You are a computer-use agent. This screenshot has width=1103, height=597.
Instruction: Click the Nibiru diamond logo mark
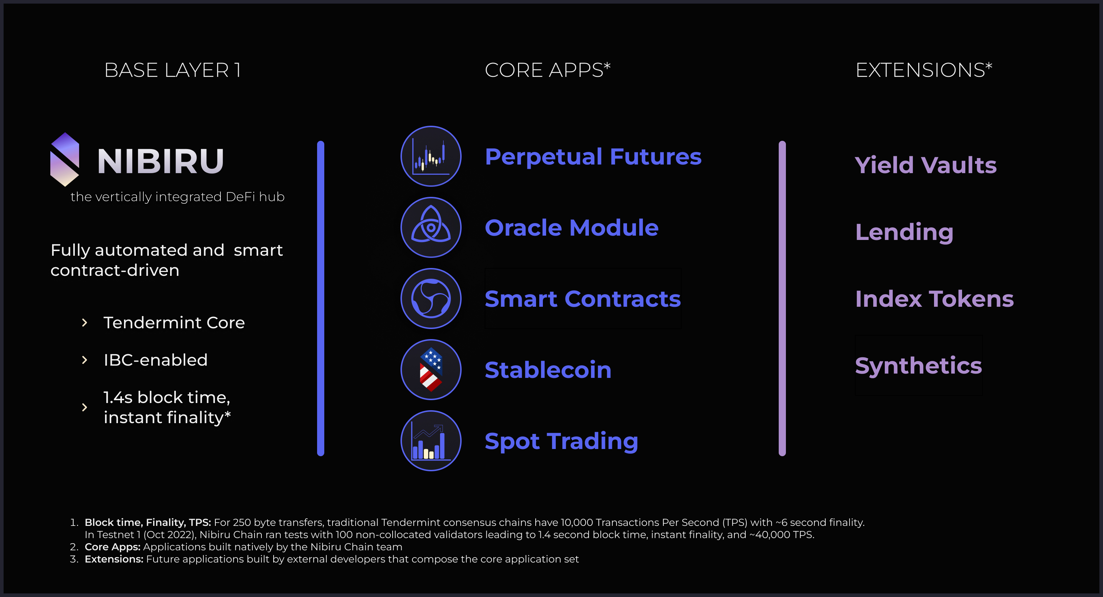pyautogui.click(x=65, y=159)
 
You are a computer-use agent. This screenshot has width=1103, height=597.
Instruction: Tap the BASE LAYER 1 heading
pyautogui.click(x=173, y=70)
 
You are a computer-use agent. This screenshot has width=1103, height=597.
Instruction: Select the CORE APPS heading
pyautogui.click(x=547, y=70)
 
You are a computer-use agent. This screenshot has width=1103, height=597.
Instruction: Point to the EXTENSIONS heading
pyautogui.click(x=924, y=70)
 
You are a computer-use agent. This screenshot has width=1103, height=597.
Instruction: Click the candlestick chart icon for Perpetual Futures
pyautogui.click(x=431, y=156)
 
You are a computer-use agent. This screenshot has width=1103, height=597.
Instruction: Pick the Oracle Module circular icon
pyautogui.click(x=431, y=227)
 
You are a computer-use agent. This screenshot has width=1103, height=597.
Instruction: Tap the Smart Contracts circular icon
pyautogui.click(x=431, y=298)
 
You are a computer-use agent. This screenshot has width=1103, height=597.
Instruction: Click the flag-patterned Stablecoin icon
pyautogui.click(x=431, y=369)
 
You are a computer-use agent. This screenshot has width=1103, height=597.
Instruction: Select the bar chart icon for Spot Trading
pyautogui.click(x=431, y=441)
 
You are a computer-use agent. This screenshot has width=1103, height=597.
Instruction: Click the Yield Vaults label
pyautogui.click(x=925, y=165)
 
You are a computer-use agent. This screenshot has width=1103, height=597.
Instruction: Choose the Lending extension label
pyautogui.click(x=904, y=232)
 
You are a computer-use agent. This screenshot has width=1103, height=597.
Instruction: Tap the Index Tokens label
pyautogui.click(x=934, y=299)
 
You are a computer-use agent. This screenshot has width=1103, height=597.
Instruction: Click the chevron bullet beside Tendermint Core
pyautogui.click(x=84, y=323)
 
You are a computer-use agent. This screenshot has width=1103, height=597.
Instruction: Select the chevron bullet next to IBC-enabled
pyautogui.click(x=84, y=360)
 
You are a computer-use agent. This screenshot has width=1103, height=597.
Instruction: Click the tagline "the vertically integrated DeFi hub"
pyautogui.click(x=177, y=197)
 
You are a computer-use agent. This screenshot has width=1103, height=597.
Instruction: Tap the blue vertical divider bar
pyautogui.click(x=321, y=298)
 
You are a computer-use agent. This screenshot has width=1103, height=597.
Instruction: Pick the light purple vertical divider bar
pyautogui.click(x=782, y=298)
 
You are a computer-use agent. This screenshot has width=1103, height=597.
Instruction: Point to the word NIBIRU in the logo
pyautogui.click(x=161, y=161)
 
